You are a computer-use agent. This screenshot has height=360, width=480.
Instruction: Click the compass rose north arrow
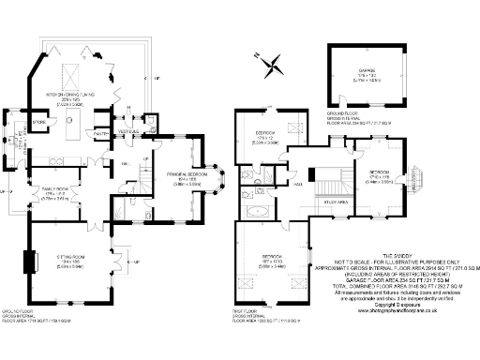(x=273, y=65)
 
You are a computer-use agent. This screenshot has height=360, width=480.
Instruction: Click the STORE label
(x=39, y=121)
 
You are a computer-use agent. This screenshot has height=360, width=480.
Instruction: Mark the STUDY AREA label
(x=337, y=200)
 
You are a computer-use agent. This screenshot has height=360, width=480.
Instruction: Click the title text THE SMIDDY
(x=397, y=255)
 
